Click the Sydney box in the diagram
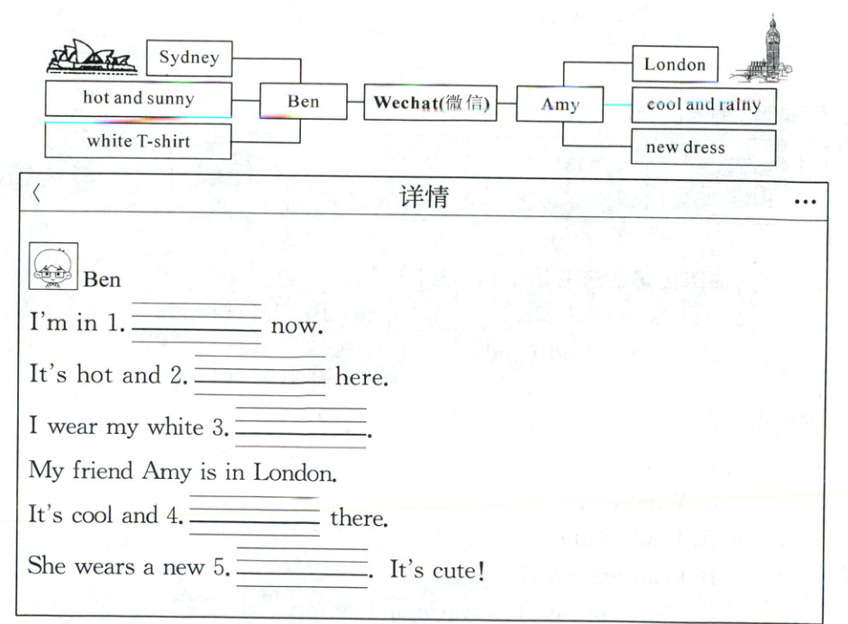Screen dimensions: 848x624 pyautogui.click(x=188, y=59)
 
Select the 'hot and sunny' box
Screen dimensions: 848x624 pyautogui.click(x=138, y=99)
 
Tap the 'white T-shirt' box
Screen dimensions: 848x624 pyautogui.click(x=138, y=141)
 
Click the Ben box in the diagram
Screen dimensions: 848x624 pyautogui.click(x=303, y=102)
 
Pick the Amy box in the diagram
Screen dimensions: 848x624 pyautogui.click(x=560, y=105)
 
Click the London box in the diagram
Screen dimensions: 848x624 pyautogui.click(x=674, y=65)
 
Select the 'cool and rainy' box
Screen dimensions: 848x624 pyautogui.click(x=703, y=104)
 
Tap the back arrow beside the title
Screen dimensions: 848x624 pyautogui.click(x=37, y=193)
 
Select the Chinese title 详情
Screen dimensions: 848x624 pyautogui.click(x=424, y=197)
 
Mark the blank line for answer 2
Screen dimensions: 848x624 pyautogui.click(x=260, y=376)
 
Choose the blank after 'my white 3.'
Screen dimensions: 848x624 pyautogui.click(x=300, y=428)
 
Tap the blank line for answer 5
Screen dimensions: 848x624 pyautogui.click(x=301, y=568)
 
